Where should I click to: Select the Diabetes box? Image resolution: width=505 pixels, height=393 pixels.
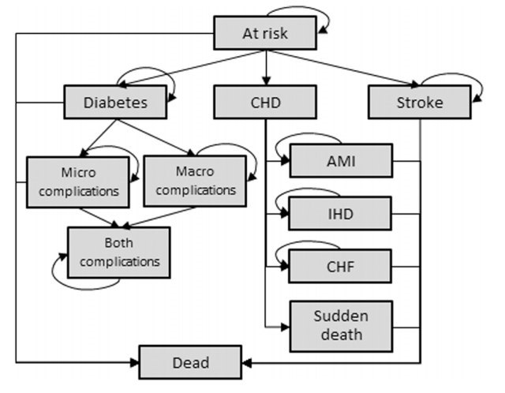tap(115, 103)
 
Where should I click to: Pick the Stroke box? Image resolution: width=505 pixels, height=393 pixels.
tap(418, 103)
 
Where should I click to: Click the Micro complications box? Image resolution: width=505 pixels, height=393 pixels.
tap(77, 181)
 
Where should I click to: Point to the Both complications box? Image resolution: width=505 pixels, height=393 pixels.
tap(118, 252)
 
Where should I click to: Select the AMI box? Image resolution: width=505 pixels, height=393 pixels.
tap(341, 161)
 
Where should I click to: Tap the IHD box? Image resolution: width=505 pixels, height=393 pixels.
tap(341, 213)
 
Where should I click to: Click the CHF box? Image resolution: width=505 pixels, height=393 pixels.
tap(341, 265)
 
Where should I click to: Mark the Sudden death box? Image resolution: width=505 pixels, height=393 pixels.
tap(341, 325)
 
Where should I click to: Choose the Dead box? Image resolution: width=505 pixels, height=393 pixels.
tap(190, 363)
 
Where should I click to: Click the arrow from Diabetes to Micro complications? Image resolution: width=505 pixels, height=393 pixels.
tap(101, 136)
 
